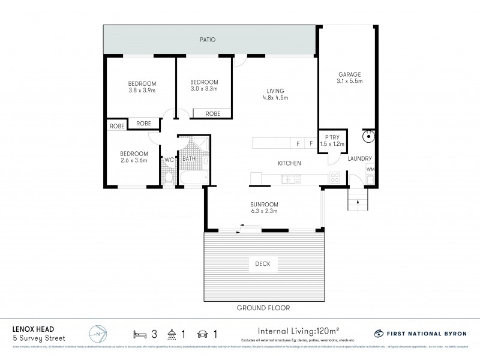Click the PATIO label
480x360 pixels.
pos(208,40)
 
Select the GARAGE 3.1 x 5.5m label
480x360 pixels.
pos(349,78)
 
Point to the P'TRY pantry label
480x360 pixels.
pos(328,140)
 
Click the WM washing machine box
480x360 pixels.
pos(370,170)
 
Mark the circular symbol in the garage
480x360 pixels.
pos(368,136)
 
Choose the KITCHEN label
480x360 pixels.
pos(289,163)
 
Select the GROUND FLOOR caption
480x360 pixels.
pos(263,308)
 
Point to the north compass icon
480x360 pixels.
pos(98,334)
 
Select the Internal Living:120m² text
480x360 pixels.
pos(299,330)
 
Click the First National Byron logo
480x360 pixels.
pos(420,333)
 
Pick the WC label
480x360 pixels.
pos(169,160)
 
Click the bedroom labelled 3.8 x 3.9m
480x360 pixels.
pos(142,87)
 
